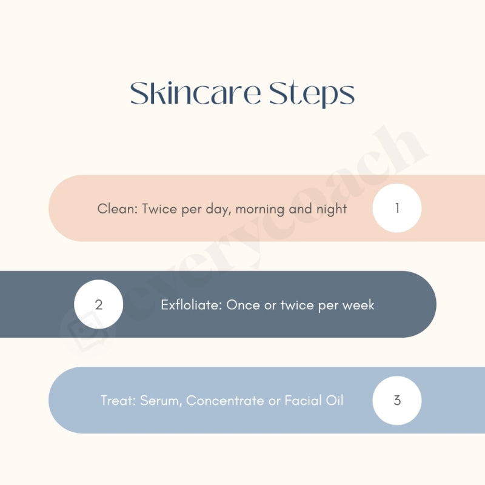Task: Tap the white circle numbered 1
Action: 397,208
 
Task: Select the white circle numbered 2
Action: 99,304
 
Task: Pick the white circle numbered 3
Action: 397,400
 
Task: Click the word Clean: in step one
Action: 118,209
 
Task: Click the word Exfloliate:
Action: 192,305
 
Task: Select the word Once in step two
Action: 242,305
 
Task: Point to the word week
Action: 358,305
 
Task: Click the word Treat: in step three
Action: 119,401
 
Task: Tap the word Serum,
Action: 162,401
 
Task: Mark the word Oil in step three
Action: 335,401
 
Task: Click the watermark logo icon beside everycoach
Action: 85,331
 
